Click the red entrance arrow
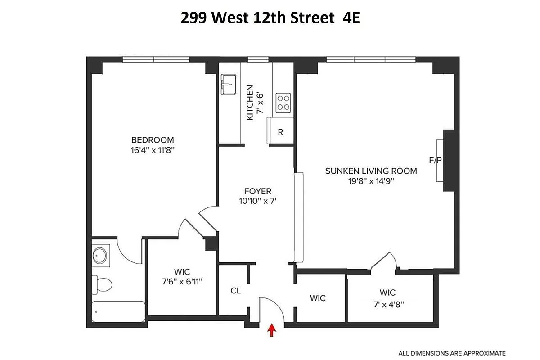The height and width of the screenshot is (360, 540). pos(271,331)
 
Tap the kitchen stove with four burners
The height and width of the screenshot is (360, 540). pos(283,102)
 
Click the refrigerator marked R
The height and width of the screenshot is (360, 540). pos(280,132)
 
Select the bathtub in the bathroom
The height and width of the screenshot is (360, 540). pos(118,311)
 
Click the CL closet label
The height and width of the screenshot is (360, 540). pos(235,291)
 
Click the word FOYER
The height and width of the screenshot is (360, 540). pos(257,191)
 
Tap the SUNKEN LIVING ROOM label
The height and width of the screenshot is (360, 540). pos(371,171)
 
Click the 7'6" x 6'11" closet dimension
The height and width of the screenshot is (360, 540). pos(182,282)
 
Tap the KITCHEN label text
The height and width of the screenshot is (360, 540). pos(250,103)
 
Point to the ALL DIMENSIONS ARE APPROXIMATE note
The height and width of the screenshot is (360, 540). pos(452,353)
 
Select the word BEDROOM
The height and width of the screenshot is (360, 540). pos(152,140)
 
